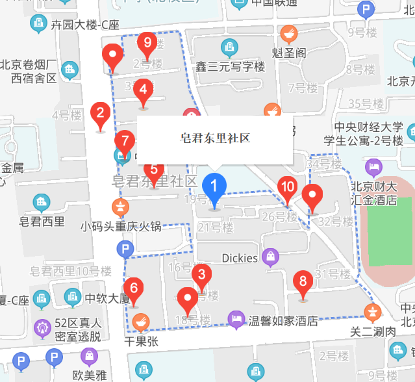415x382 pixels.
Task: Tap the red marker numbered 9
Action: click(147, 45)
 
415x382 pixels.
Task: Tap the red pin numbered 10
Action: click(288, 188)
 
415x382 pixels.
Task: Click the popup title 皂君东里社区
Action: click(215, 139)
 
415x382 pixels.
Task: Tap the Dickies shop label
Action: click(240, 258)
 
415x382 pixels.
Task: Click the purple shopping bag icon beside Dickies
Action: click(270, 257)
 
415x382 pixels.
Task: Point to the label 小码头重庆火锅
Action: click(121, 227)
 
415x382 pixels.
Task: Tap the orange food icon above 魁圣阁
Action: click(289, 34)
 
